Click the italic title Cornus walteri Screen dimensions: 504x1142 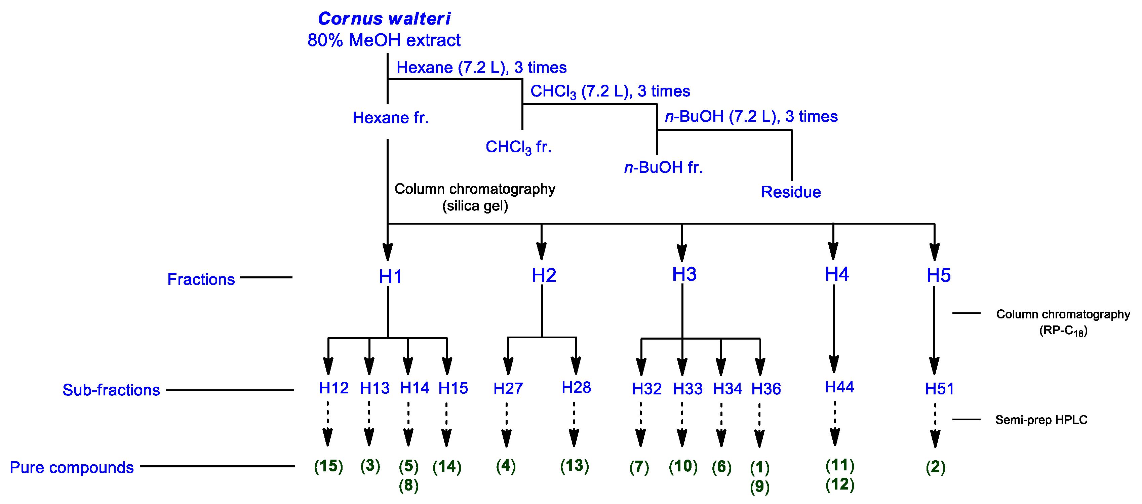(x=384, y=18)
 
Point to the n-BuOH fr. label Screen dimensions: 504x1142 (x=663, y=167)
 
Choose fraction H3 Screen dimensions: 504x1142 (x=684, y=274)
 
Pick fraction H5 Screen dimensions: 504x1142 (x=938, y=275)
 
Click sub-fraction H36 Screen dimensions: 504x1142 (x=765, y=389)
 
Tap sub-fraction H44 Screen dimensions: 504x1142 (x=839, y=387)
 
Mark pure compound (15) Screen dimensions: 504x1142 (x=328, y=466)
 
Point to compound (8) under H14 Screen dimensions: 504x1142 (x=408, y=486)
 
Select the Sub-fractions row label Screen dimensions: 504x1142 (x=111, y=390)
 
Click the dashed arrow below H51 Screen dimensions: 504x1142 (x=935, y=426)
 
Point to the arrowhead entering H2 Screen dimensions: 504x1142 (x=541, y=251)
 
